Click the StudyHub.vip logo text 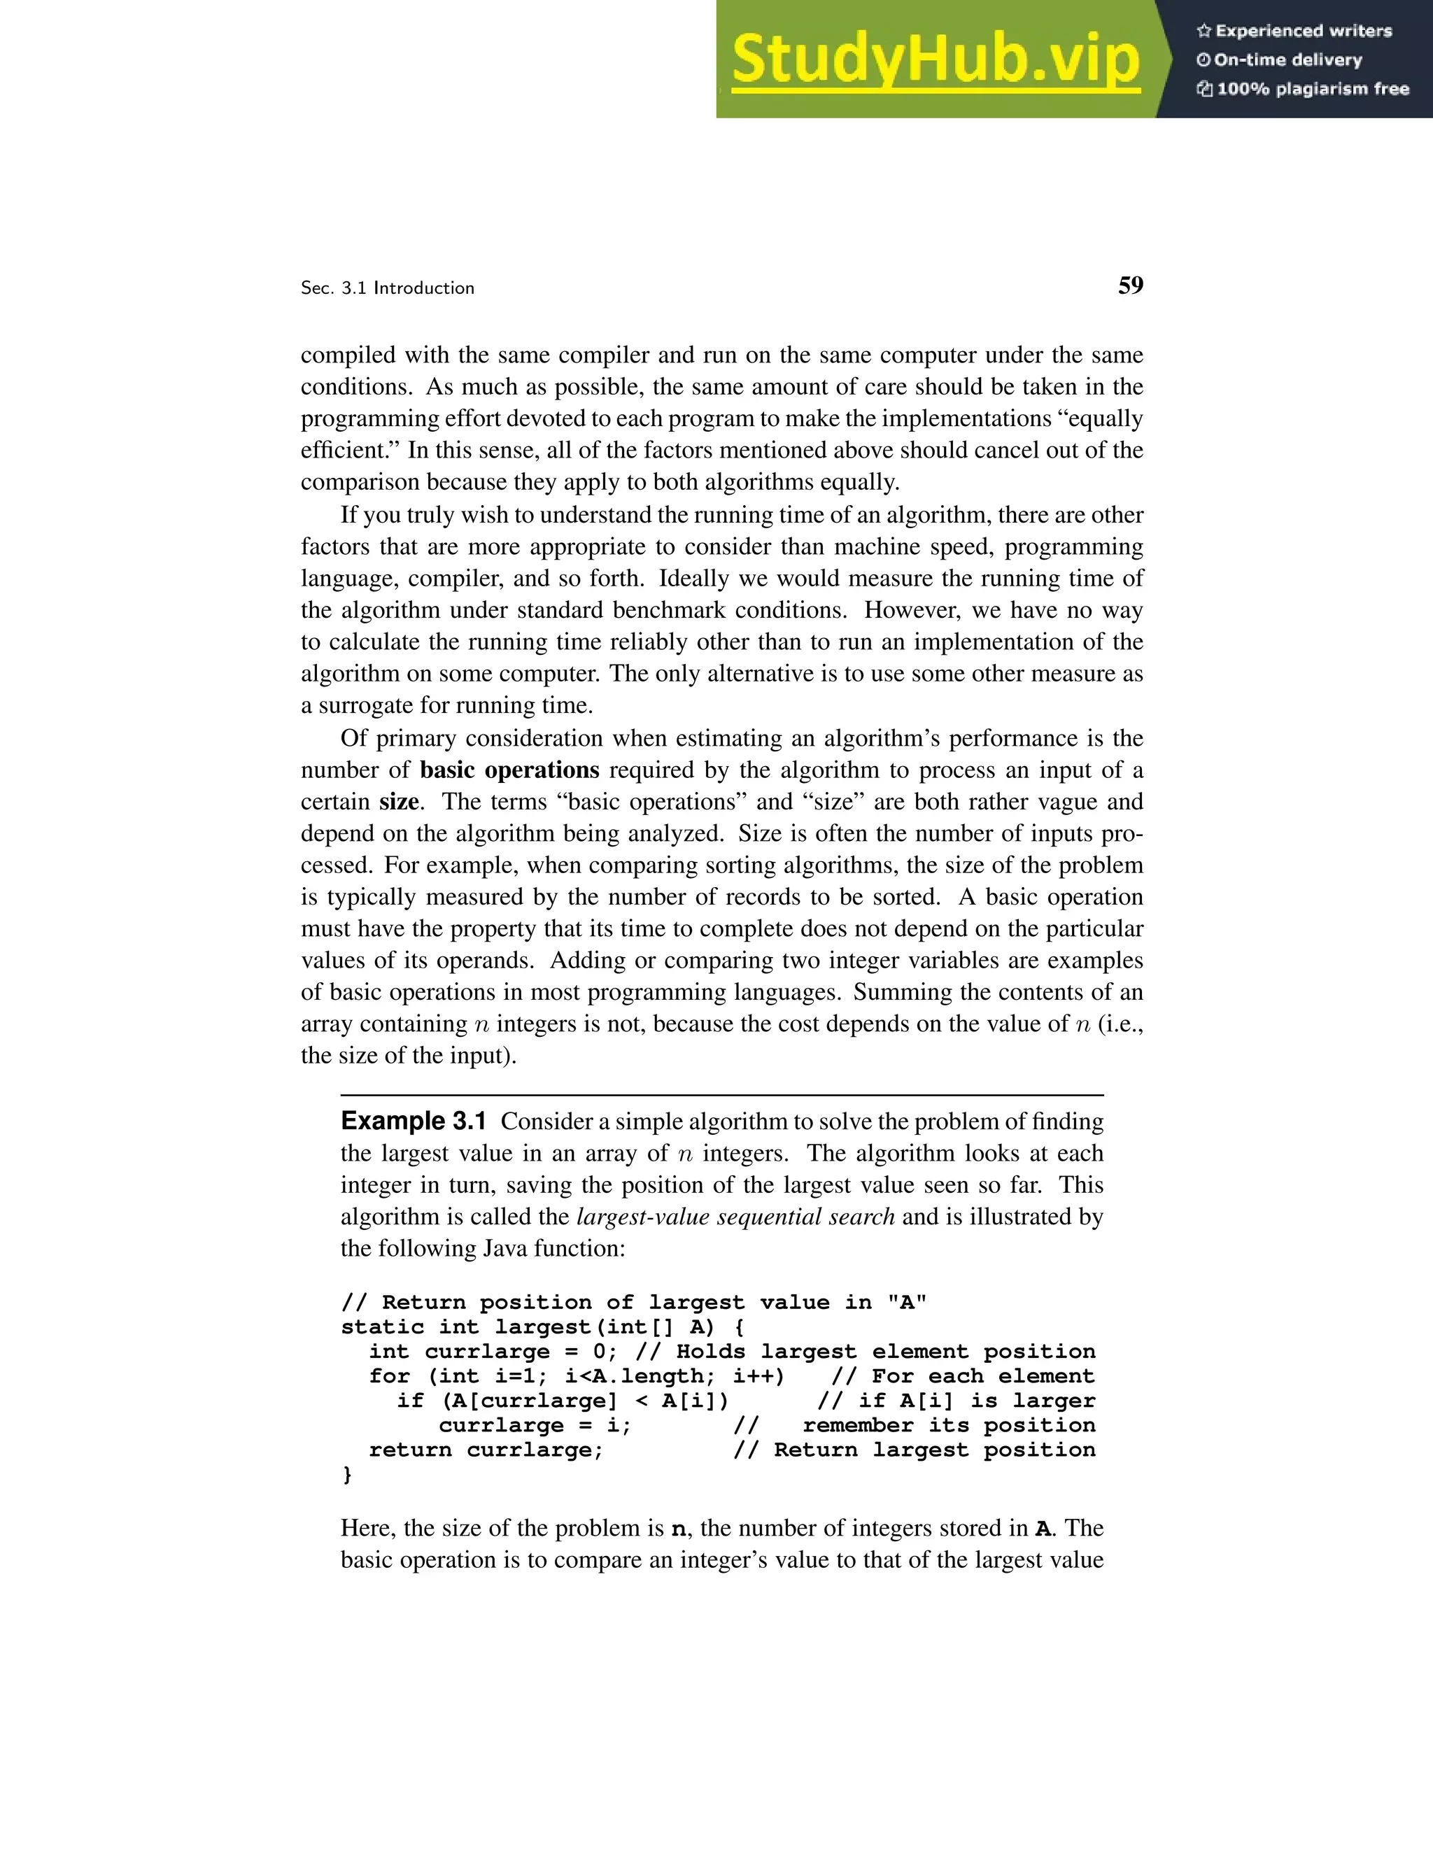pyautogui.click(x=935, y=59)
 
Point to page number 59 pyautogui.click(x=1130, y=285)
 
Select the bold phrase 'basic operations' pyautogui.click(x=509, y=770)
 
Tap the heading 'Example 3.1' pyautogui.click(x=414, y=1121)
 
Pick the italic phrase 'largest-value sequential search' pyautogui.click(x=735, y=1217)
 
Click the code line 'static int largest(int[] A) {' pyautogui.click(x=542, y=1326)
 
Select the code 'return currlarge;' pyautogui.click(x=486, y=1450)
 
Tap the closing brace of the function pyautogui.click(x=346, y=1475)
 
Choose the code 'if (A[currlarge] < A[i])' pyautogui.click(x=562, y=1401)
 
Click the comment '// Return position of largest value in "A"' pyautogui.click(x=633, y=1302)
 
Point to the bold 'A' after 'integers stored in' pyautogui.click(x=1043, y=1529)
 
